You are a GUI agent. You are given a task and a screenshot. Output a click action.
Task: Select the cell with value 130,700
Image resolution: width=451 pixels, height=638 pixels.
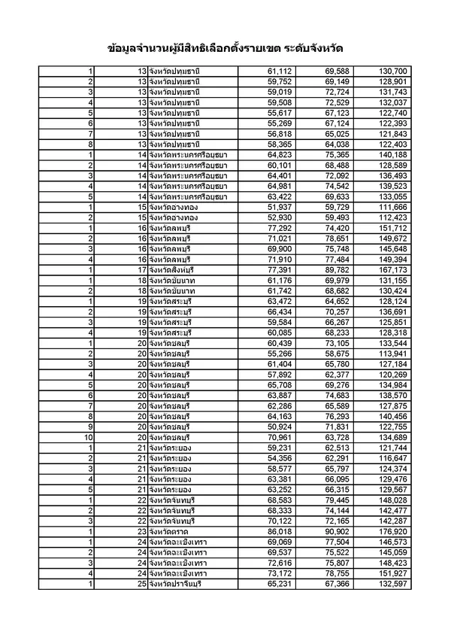pyautogui.click(x=390, y=71)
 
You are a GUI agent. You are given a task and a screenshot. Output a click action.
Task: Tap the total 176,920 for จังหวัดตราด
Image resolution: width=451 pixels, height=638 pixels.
pyautogui.click(x=390, y=531)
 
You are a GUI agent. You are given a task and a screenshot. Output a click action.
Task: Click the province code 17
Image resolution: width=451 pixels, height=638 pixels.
pyautogui.click(x=141, y=269)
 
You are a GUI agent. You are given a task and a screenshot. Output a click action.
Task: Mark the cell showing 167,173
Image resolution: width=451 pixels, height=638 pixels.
pyautogui.click(x=390, y=269)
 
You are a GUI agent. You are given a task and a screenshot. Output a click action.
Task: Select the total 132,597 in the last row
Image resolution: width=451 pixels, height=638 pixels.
pyautogui.click(x=390, y=584)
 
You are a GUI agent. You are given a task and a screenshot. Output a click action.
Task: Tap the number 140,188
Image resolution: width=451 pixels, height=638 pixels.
pyautogui.click(x=390, y=154)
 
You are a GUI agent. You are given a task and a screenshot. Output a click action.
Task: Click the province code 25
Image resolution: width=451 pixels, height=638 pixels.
pyautogui.click(x=141, y=584)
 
